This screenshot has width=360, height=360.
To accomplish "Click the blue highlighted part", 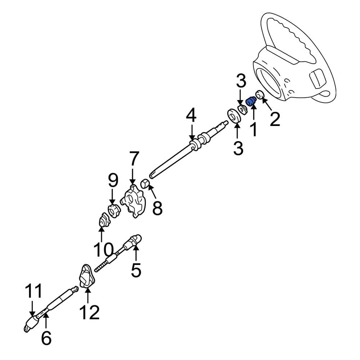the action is point(251,102).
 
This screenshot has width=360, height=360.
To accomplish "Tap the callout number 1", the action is point(254,129).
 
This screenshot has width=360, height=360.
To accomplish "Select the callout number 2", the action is point(275,119).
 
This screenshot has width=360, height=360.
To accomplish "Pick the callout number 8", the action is point(157,208).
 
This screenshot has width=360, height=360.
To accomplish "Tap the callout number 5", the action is point(136,270).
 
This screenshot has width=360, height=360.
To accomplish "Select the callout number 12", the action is point(90,312).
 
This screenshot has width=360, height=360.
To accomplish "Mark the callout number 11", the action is point(33,291).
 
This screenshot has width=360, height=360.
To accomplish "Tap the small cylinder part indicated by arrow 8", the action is point(145,184).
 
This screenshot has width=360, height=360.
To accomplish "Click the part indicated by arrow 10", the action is point(104,220).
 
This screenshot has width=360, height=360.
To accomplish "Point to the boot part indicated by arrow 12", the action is point(87,276).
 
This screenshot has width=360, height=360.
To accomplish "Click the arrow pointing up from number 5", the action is point(136,253).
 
